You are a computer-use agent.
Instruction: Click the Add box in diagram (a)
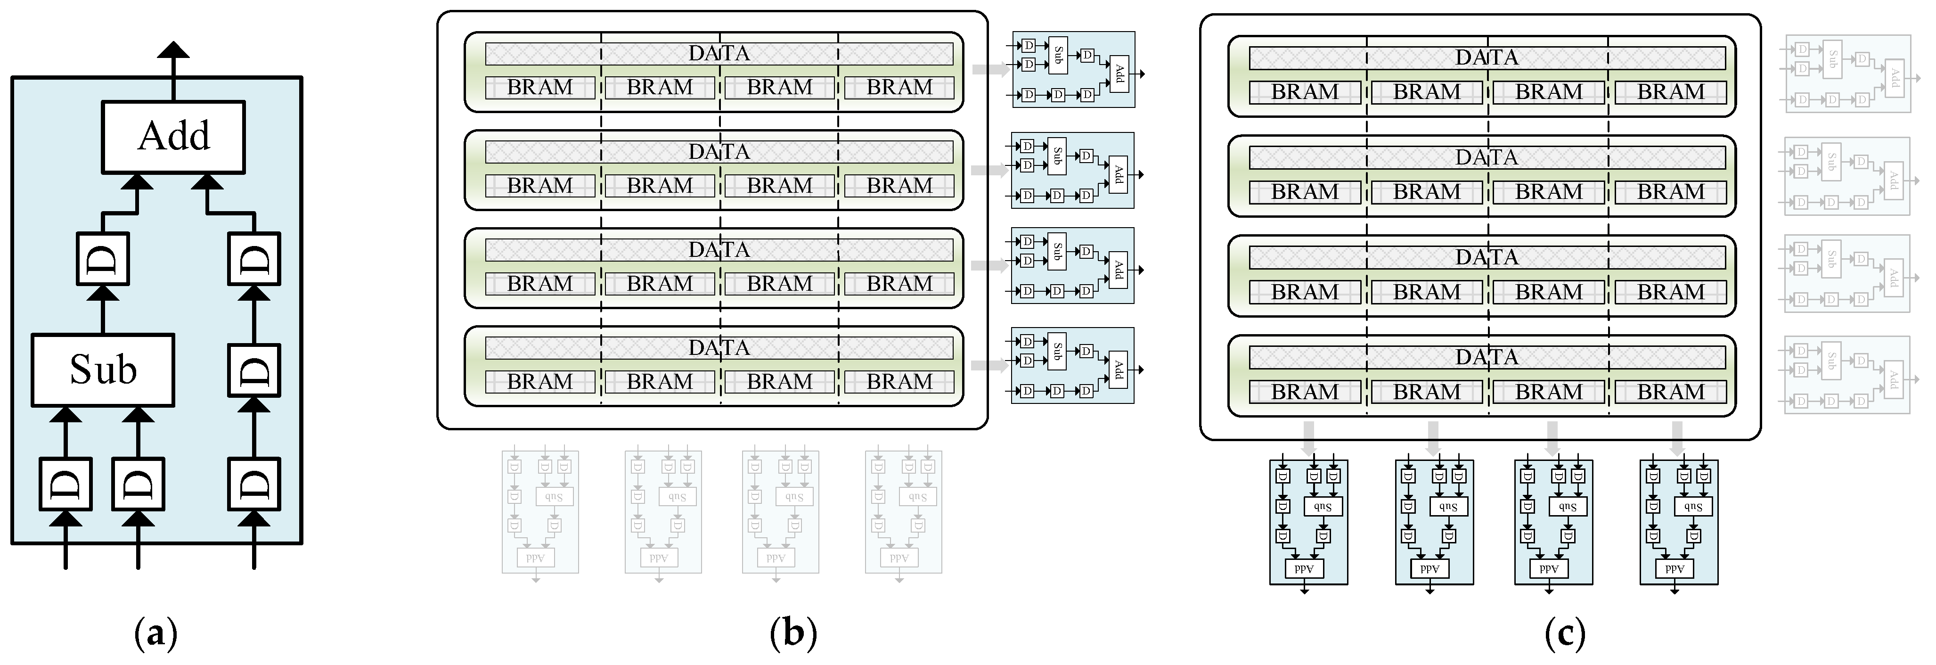(173, 137)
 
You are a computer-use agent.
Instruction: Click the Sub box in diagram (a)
(103, 369)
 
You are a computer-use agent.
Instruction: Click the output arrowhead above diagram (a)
(173, 51)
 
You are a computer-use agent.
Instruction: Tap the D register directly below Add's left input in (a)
(103, 258)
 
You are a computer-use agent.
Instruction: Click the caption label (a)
(155, 633)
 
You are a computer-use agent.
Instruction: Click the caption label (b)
(793, 633)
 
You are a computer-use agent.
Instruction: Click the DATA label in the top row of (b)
(719, 53)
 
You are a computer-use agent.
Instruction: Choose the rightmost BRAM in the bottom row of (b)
(899, 382)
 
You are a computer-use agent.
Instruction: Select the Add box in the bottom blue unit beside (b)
(1119, 369)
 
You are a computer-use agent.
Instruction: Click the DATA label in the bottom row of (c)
(1487, 357)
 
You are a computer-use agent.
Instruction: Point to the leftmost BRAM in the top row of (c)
(1305, 92)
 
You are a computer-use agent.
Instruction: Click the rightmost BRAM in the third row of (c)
(1670, 292)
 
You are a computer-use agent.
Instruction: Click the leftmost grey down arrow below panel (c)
(1308, 437)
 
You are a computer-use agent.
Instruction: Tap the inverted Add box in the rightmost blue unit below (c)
(1675, 569)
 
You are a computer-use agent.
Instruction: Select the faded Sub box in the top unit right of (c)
(1833, 58)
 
